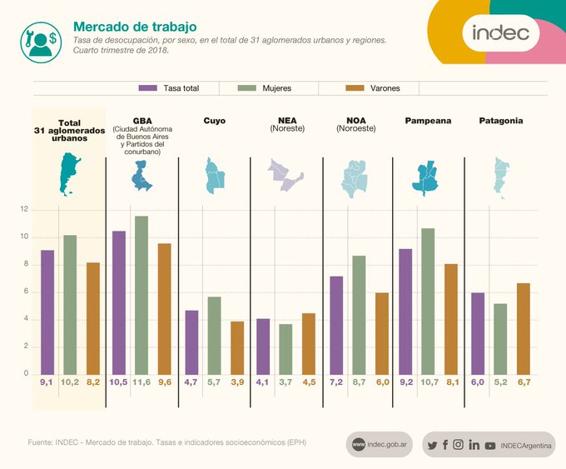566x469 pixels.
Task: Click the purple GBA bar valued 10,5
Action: point(119,302)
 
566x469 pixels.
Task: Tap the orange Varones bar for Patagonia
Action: point(524,328)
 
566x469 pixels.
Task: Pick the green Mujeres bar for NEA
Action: point(285,348)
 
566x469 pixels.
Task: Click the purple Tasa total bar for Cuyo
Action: point(191,342)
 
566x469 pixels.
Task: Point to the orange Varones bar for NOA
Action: point(381,333)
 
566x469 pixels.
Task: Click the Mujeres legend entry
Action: point(265,87)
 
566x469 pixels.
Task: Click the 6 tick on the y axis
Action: point(25,292)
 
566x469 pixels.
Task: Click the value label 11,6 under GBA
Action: point(141,382)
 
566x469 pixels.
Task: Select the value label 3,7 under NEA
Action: point(285,382)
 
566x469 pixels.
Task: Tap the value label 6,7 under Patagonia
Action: point(524,382)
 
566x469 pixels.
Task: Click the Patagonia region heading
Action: point(501,121)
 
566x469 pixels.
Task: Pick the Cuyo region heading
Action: point(214,121)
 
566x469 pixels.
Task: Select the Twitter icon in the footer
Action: point(432,445)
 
